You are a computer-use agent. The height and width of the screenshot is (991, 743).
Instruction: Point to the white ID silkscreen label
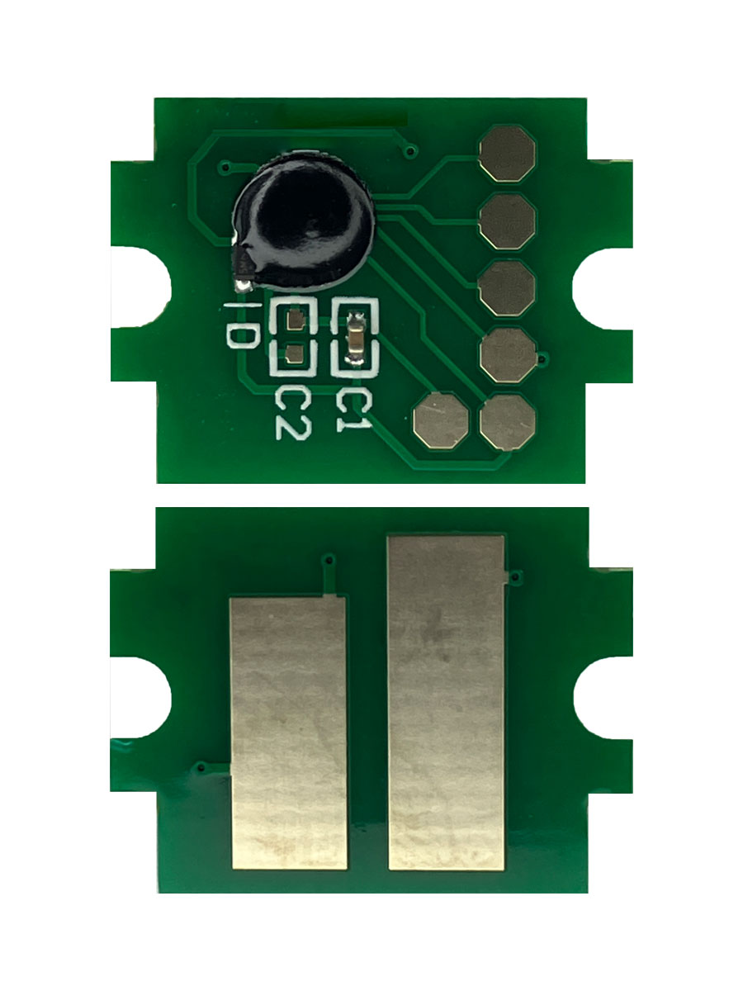tap(242, 325)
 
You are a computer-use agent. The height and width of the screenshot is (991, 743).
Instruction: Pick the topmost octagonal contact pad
tap(507, 154)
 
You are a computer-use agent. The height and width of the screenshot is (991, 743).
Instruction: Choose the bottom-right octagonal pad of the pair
tap(508, 423)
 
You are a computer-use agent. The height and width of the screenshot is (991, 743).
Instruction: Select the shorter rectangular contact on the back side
tap(289, 733)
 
